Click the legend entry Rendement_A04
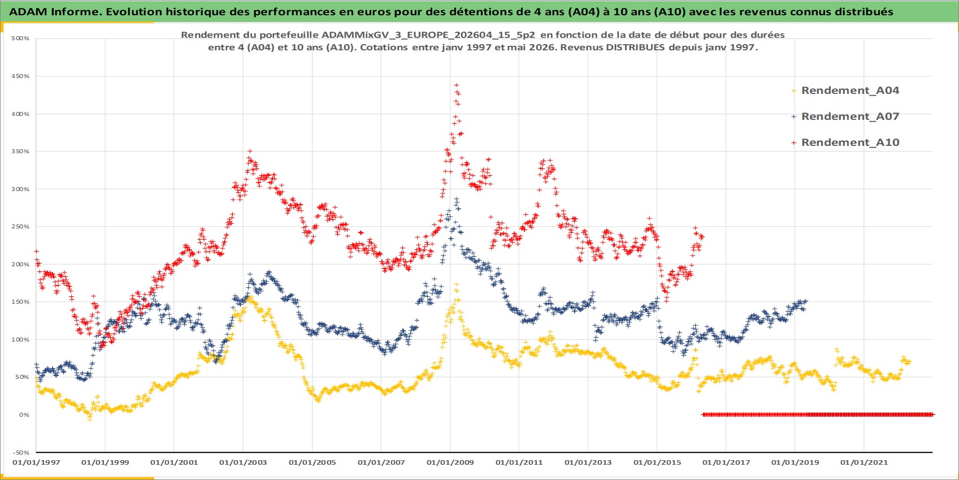845,90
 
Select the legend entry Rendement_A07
845,116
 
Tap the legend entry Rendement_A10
845,142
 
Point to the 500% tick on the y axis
20,38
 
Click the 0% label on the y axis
24,414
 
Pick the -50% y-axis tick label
21,453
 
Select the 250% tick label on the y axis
20,227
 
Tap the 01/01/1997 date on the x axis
36,462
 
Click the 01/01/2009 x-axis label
450,462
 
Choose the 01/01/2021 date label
864,462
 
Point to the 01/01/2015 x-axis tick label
657,462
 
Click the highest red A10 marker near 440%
457,85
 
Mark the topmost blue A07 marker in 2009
457,199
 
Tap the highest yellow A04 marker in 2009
457,284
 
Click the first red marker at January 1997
36,252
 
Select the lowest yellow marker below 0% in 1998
89,419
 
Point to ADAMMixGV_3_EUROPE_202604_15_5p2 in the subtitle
428,34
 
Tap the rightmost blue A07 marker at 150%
806,301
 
